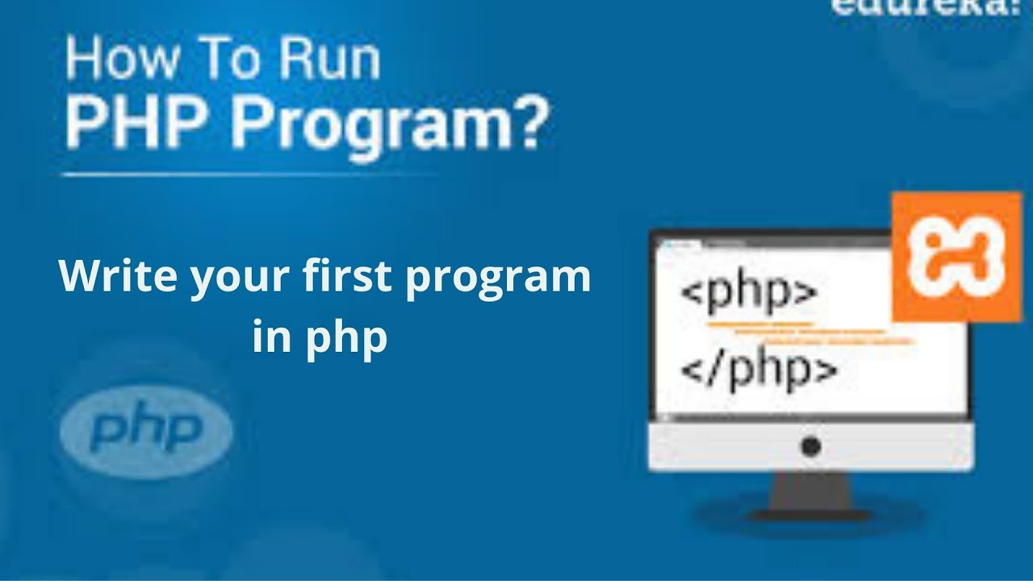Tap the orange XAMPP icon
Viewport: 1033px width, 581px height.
(956, 257)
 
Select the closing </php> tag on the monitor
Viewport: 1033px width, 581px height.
(759, 370)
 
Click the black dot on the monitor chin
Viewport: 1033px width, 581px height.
(811, 445)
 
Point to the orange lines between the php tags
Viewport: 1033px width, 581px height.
(807, 332)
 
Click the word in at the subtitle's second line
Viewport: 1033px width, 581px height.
(270, 337)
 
